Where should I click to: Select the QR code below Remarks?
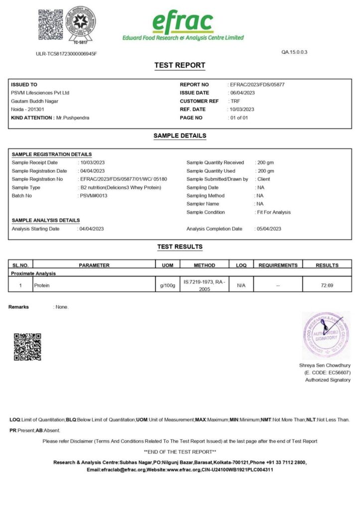27,347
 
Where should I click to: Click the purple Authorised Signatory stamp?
326,335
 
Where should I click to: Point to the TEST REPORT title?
180,65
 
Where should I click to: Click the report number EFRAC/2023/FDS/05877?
257,85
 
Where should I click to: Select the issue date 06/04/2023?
242,93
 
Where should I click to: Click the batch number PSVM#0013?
94,196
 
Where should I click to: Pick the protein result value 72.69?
327,285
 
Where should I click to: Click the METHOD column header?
204,265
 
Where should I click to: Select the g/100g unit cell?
167,285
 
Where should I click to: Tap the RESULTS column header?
327,265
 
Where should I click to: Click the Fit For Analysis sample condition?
273,212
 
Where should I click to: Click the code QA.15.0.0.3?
294,52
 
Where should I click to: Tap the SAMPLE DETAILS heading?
180,135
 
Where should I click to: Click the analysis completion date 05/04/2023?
269,229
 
